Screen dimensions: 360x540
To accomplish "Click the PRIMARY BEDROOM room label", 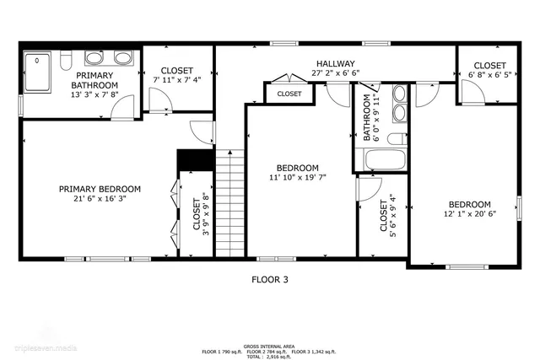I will click(100, 189).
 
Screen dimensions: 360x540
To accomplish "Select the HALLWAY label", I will click(335, 64).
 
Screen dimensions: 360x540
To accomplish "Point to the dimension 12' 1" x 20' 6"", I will click(469, 215).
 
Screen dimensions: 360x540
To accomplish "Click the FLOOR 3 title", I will click(270, 279).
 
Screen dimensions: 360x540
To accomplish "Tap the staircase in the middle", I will click(229, 202).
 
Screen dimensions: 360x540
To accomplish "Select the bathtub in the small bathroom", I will click(384, 159).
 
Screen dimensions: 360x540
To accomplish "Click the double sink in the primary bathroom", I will click(122, 58).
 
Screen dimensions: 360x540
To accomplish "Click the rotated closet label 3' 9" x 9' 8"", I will click(200, 217).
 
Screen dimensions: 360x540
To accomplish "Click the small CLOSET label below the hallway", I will click(289, 94).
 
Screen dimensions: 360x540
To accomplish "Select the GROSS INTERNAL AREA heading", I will click(269, 346).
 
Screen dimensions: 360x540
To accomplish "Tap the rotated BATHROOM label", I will click(367, 118).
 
